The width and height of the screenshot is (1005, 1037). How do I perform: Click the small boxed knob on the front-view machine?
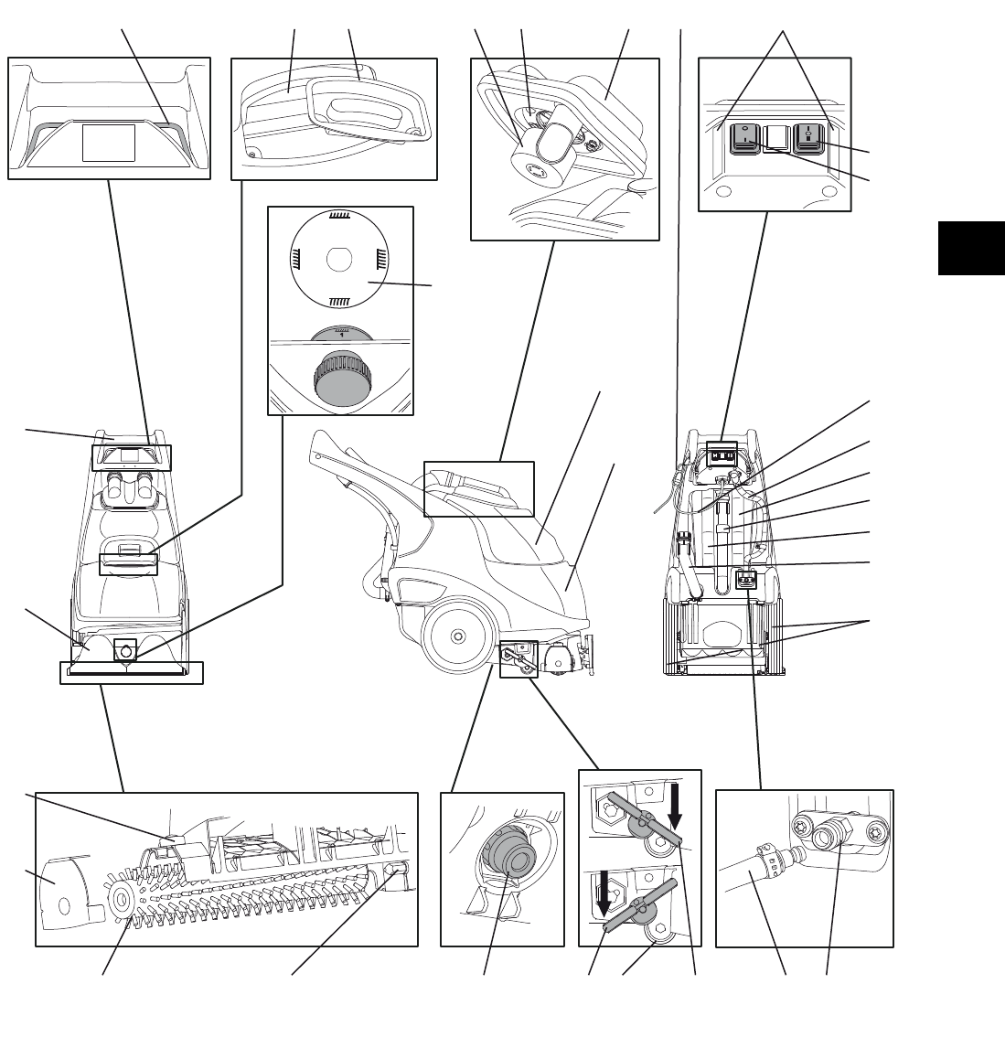124,650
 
